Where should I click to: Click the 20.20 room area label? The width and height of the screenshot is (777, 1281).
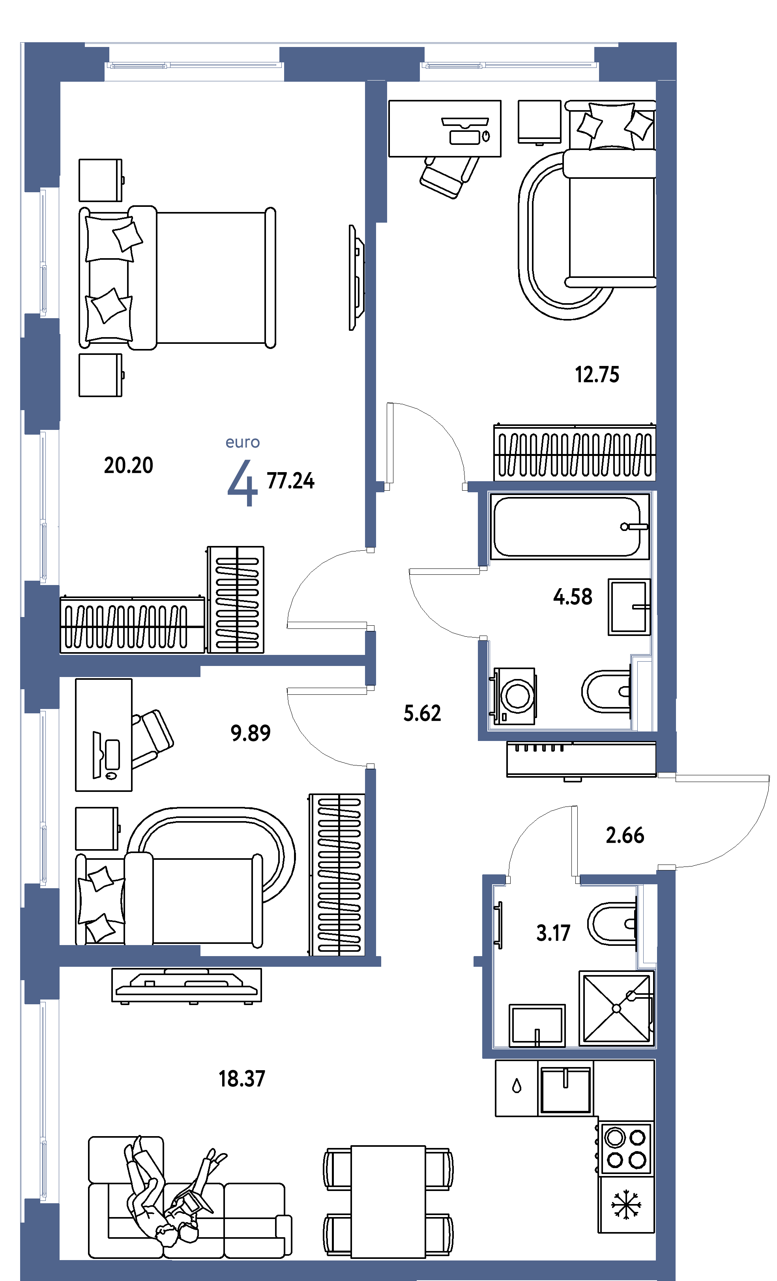(128, 465)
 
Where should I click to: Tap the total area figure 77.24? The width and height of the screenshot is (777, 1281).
(290, 481)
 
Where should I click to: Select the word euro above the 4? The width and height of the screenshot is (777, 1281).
(243, 443)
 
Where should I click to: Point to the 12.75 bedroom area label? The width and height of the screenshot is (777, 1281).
(597, 375)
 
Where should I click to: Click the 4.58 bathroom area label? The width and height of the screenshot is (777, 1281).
(573, 597)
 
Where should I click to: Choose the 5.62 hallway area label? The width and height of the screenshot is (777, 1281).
(422, 713)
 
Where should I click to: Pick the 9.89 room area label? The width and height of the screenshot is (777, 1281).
(251, 733)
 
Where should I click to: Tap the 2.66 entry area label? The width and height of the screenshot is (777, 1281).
(625, 835)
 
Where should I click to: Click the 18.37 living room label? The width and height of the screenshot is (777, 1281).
(242, 1079)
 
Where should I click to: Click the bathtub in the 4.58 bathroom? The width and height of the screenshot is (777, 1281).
(569, 527)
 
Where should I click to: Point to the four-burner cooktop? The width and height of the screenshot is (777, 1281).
(626, 1149)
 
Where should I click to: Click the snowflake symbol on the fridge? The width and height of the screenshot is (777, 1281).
(626, 1204)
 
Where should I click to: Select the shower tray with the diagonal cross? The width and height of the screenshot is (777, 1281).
(616, 1009)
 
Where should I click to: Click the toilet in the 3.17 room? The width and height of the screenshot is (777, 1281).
(612, 924)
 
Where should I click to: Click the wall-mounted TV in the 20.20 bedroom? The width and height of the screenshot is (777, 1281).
(356, 278)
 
